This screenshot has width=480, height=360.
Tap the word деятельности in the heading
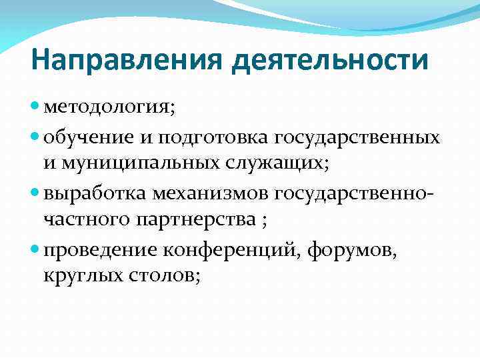(x=330, y=61)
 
